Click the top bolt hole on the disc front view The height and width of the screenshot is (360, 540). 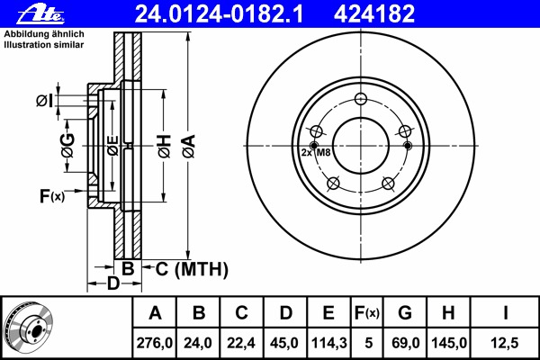pos(360,100)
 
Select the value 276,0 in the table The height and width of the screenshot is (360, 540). pos(155,342)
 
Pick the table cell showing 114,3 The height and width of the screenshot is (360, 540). pos(328,342)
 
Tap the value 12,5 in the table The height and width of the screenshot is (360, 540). pos(506,342)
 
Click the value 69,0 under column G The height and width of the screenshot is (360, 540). pos(405,342)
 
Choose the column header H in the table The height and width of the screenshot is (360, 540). pos(449,313)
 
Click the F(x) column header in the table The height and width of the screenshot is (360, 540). pos(367,313)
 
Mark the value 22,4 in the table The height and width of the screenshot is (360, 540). pos(241,342)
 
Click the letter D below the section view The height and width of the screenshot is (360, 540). pos(112,285)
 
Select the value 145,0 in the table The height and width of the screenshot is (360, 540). pos(449,342)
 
